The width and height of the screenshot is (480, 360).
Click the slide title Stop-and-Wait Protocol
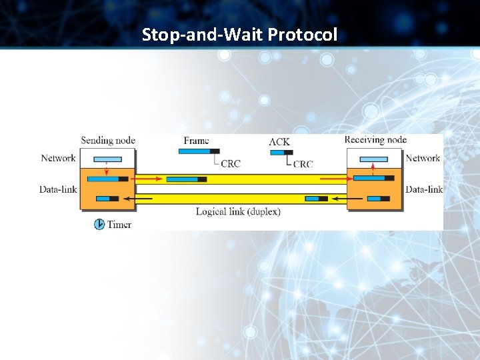click(x=239, y=34)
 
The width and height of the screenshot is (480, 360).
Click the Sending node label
click(x=108, y=141)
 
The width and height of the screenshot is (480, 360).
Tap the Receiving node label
click(x=375, y=140)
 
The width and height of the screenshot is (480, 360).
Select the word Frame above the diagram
click(x=196, y=141)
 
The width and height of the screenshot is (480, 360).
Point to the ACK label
click(x=279, y=141)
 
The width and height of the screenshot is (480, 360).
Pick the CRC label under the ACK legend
click(x=303, y=164)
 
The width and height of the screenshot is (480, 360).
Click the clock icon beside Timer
click(x=99, y=225)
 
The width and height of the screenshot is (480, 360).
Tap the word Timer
click(x=119, y=225)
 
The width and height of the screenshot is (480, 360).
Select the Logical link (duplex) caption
click(x=238, y=212)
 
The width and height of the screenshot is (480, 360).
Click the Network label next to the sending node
click(x=58, y=158)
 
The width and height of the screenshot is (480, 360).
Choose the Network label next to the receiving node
click(x=423, y=158)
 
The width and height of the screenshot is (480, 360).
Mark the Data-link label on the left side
click(x=58, y=189)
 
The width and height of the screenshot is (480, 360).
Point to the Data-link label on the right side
click(x=424, y=189)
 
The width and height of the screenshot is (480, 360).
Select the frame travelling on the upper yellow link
click(x=186, y=179)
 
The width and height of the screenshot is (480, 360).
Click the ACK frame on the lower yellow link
click(x=316, y=199)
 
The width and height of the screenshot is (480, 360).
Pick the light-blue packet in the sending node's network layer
click(x=107, y=159)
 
